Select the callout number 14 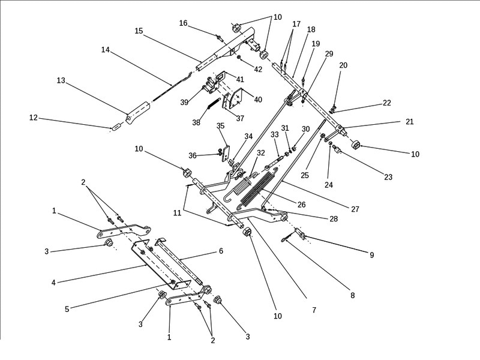[106, 51]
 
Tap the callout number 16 [183, 23]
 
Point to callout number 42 [258, 70]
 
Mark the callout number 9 [371, 255]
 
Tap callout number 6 [221, 251]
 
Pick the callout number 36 [193, 155]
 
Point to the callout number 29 [329, 54]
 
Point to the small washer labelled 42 [239, 58]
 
